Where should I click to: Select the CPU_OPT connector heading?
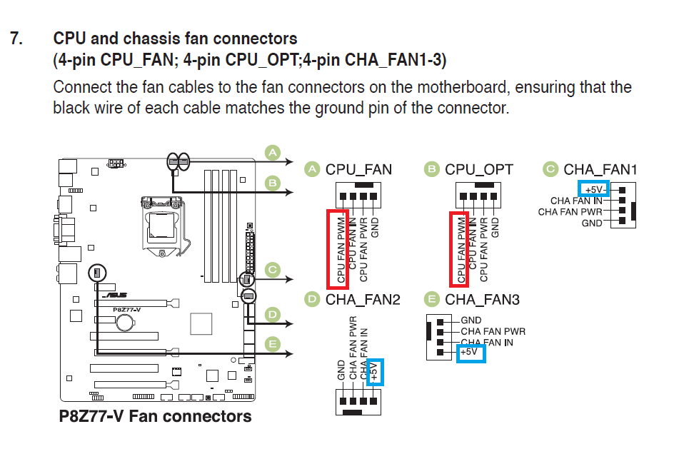[x=478, y=170]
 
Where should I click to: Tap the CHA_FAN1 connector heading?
[x=600, y=170]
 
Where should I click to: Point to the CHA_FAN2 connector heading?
[x=363, y=300]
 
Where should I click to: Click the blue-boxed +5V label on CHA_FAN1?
[x=594, y=190]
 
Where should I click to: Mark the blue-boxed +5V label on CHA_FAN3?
[x=471, y=353]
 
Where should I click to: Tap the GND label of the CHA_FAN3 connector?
[x=471, y=321]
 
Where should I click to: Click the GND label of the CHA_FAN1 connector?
[x=592, y=223]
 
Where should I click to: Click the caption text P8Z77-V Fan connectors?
[x=155, y=416]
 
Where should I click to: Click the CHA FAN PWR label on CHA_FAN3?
[x=493, y=331]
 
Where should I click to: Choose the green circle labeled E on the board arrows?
[x=272, y=344]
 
